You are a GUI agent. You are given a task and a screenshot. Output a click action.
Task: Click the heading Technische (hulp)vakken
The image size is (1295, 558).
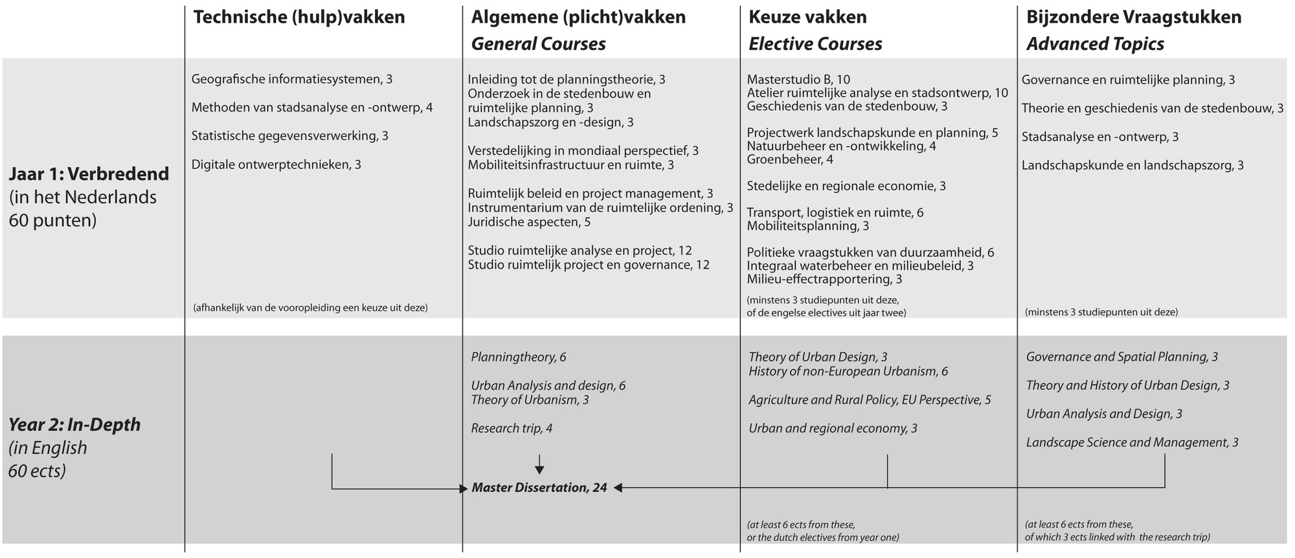299,17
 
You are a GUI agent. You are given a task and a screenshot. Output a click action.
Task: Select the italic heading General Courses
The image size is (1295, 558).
538,44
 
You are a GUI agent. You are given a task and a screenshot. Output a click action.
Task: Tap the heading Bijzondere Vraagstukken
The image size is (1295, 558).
1134,17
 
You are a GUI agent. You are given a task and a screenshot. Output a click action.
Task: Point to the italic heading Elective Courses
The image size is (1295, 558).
815,44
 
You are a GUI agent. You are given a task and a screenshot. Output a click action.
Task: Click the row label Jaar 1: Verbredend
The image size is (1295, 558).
89,174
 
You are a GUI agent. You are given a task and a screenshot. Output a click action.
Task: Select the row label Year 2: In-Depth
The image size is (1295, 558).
74,425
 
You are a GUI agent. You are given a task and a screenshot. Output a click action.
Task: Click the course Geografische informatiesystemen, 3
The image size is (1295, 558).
292,80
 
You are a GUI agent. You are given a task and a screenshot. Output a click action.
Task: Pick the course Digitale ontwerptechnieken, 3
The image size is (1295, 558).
276,165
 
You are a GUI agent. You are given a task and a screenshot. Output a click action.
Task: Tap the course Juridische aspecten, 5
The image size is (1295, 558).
529,223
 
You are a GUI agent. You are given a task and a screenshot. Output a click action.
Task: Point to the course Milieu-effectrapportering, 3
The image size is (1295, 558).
824,280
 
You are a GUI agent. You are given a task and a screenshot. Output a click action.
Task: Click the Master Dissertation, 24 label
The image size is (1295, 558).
539,488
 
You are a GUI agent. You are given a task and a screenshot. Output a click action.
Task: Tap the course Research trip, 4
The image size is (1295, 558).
512,429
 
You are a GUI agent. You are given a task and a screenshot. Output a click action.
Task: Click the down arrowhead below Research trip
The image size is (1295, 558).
539,470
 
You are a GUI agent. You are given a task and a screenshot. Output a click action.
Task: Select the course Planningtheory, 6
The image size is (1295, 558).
519,357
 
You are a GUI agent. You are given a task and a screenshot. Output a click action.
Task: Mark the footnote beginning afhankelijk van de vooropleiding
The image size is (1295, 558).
310,308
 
